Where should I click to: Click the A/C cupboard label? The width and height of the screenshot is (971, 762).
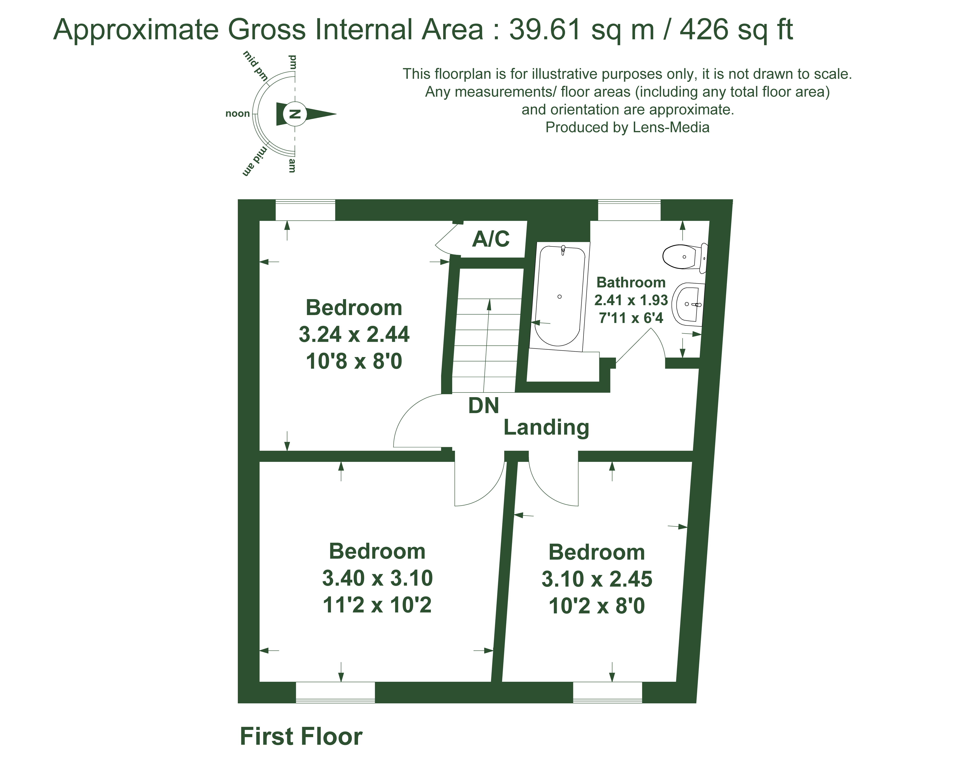coord(491,239)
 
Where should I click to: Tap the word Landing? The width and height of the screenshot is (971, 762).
coord(546,427)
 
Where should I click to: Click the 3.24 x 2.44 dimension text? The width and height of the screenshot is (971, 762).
coord(354,334)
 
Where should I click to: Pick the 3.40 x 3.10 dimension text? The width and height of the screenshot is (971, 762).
coord(377,578)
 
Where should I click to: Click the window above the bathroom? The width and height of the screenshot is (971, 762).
coord(629,210)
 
